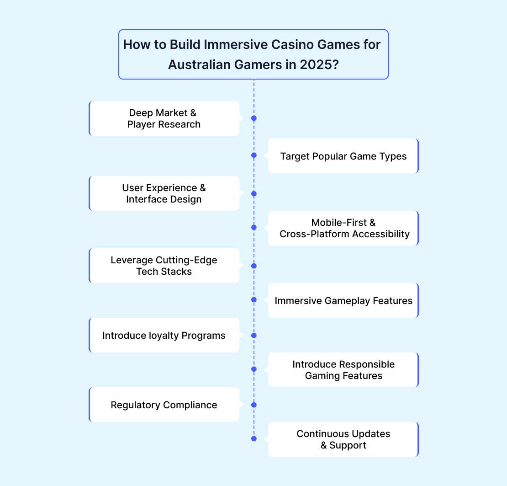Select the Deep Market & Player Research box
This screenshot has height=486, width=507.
click(x=164, y=118)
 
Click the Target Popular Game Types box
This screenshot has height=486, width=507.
click(x=343, y=156)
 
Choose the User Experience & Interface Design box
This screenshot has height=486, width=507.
click(x=164, y=193)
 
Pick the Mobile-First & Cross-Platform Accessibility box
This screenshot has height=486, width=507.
click(x=343, y=228)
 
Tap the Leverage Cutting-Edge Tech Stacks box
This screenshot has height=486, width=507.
click(x=164, y=266)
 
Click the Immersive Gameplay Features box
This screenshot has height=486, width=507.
click(x=343, y=300)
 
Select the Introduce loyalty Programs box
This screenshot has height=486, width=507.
click(x=164, y=335)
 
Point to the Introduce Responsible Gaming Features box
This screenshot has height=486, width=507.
click(x=343, y=370)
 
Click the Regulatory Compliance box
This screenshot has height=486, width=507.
click(x=164, y=405)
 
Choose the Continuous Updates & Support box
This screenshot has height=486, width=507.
click(x=343, y=439)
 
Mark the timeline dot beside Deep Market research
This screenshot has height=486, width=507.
click(x=254, y=118)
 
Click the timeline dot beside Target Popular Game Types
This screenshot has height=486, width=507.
click(x=254, y=155)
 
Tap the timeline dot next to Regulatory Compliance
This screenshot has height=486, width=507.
click(x=254, y=405)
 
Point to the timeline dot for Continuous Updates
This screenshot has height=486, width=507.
click(x=254, y=438)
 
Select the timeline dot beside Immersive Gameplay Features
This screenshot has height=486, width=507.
click(x=254, y=300)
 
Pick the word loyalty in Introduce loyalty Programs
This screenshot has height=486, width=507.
click(x=164, y=335)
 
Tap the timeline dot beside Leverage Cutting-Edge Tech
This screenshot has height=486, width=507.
click(x=254, y=266)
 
